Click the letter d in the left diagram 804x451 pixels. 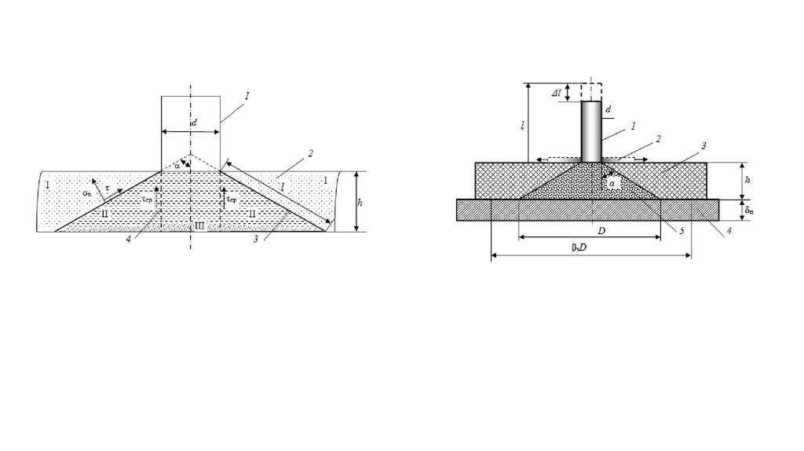coord(194,123)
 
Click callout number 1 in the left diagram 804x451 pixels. coord(247,95)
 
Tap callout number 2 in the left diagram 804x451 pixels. coord(311,152)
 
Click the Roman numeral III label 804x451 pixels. coord(199,227)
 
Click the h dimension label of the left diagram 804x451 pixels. coord(360,203)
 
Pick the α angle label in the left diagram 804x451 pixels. coord(178,166)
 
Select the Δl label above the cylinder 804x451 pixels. coord(557,93)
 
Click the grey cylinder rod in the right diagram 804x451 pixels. coord(591,131)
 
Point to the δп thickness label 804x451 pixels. coord(750,210)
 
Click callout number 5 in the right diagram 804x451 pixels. coord(682,230)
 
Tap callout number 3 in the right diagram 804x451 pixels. coord(704,145)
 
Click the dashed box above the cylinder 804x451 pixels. coord(591,91)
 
